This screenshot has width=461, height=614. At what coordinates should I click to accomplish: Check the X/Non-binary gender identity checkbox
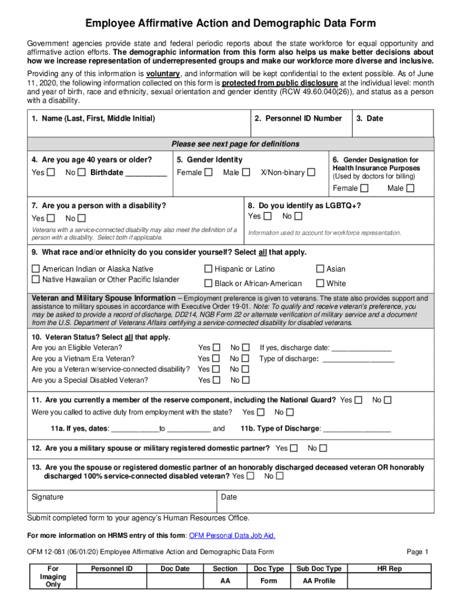(311, 173)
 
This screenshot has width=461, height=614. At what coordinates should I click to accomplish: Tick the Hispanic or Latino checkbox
(208, 269)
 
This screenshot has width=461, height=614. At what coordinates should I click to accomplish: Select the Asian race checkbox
(320, 269)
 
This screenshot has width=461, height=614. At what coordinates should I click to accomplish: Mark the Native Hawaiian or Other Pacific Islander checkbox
(36, 279)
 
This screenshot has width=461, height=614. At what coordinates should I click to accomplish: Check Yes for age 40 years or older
(51, 173)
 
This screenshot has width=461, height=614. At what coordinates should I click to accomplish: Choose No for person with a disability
(81, 218)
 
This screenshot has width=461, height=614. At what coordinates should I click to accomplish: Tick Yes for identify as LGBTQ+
(267, 216)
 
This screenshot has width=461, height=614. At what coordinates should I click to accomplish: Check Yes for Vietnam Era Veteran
(216, 359)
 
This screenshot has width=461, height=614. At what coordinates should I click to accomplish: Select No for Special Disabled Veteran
(245, 380)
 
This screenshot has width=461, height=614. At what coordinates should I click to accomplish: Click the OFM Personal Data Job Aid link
(232, 535)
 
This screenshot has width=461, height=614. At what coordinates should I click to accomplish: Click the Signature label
(47, 497)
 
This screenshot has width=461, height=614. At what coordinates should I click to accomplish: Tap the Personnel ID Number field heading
(298, 119)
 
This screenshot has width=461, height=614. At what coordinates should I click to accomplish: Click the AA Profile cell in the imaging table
(319, 580)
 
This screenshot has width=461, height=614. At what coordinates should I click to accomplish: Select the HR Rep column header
(389, 568)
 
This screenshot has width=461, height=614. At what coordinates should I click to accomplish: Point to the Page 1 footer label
(417, 552)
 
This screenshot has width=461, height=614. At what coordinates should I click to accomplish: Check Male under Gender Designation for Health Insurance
(410, 188)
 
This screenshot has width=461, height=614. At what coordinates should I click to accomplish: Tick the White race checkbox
(320, 283)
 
